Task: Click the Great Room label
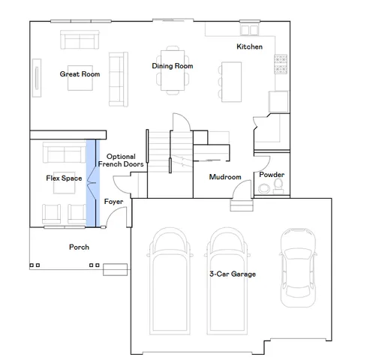[x=80, y=74]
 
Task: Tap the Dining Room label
[x=173, y=66]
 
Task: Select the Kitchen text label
[x=249, y=47]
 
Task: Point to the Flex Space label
[x=64, y=178]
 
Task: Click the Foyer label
[x=113, y=202]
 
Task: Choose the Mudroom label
[x=225, y=177]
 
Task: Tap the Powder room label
[x=272, y=175]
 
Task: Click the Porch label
[x=79, y=247]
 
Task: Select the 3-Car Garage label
[x=233, y=274]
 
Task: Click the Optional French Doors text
[x=116, y=160]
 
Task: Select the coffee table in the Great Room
[x=79, y=80]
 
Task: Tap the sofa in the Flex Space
[x=64, y=154]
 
